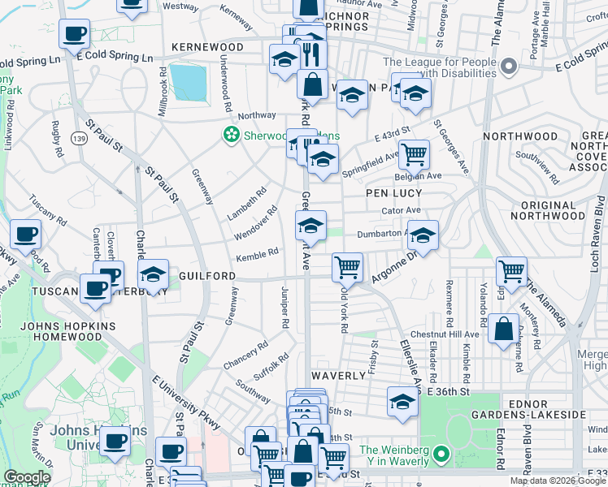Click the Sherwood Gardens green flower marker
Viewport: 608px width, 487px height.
pyautogui.click(x=232, y=135)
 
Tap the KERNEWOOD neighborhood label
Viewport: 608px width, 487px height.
pyautogui.click(x=207, y=48)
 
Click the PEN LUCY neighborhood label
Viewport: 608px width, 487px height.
pyautogui.click(x=393, y=193)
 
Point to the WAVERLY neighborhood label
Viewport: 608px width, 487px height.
pyautogui.click(x=338, y=376)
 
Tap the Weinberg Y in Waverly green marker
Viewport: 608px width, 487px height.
pyautogui.click(x=441, y=453)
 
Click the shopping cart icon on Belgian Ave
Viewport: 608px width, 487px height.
pyautogui.click(x=414, y=153)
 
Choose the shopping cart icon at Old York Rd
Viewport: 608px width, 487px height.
pyautogui.click(x=347, y=265)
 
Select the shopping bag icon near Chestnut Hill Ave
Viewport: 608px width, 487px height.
pyautogui.click(x=503, y=329)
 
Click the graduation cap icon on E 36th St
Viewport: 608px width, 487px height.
pyautogui.click(x=402, y=402)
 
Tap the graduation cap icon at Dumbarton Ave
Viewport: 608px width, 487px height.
pyautogui.click(x=422, y=235)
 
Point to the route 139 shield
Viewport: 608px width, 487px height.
pyautogui.click(x=79, y=140)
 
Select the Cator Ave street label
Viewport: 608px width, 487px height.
pyautogui.click(x=399, y=210)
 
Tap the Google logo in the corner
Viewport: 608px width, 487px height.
pyautogui.click(x=28, y=477)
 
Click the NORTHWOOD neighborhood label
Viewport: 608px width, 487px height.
pyautogui.click(x=520, y=136)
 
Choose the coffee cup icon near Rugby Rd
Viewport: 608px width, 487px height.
pyautogui.click(x=75, y=35)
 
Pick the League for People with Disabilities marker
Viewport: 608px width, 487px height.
pyautogui.click(x=510, y=66)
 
